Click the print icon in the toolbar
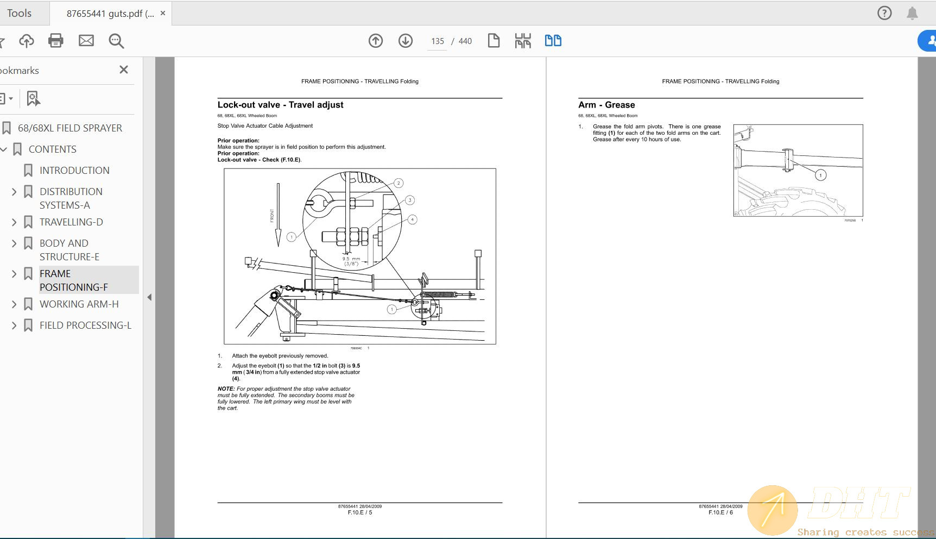pyautogui.click(x=55, y=41)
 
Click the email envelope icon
pyautogui.click(x=86, y=41)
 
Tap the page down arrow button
pyautogui.click(x=406, y=41)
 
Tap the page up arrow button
pyautogui.click(x=376, y=41)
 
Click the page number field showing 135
pyautogui.click(x=438, y=41)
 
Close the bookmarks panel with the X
pyautogui.click(x=124, y=70)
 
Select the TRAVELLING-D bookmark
pyautogui.click(x=71, y=222)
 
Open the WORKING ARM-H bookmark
pyautogui.click(x=79, y=304)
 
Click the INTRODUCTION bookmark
pyautogui.click(x=74, y=170)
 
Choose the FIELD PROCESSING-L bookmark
pyautogui.click(x=85, y=325)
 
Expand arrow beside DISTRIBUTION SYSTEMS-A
pyautogui.click(x=14, y=192)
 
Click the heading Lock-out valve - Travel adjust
pyautogui.click(x=280, y=105)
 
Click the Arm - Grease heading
pyautogui.click(x=606, y=105)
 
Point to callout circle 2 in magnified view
pyautogui.click(x=399, y=183)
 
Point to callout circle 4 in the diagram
pyautogui.click(x=412, y=220)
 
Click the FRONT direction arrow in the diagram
pyautogui.click(x=277, y=215)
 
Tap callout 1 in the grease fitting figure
pyautogui.click(x=820, y=175)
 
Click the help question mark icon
pyautogui.click(x=884, y=13)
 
